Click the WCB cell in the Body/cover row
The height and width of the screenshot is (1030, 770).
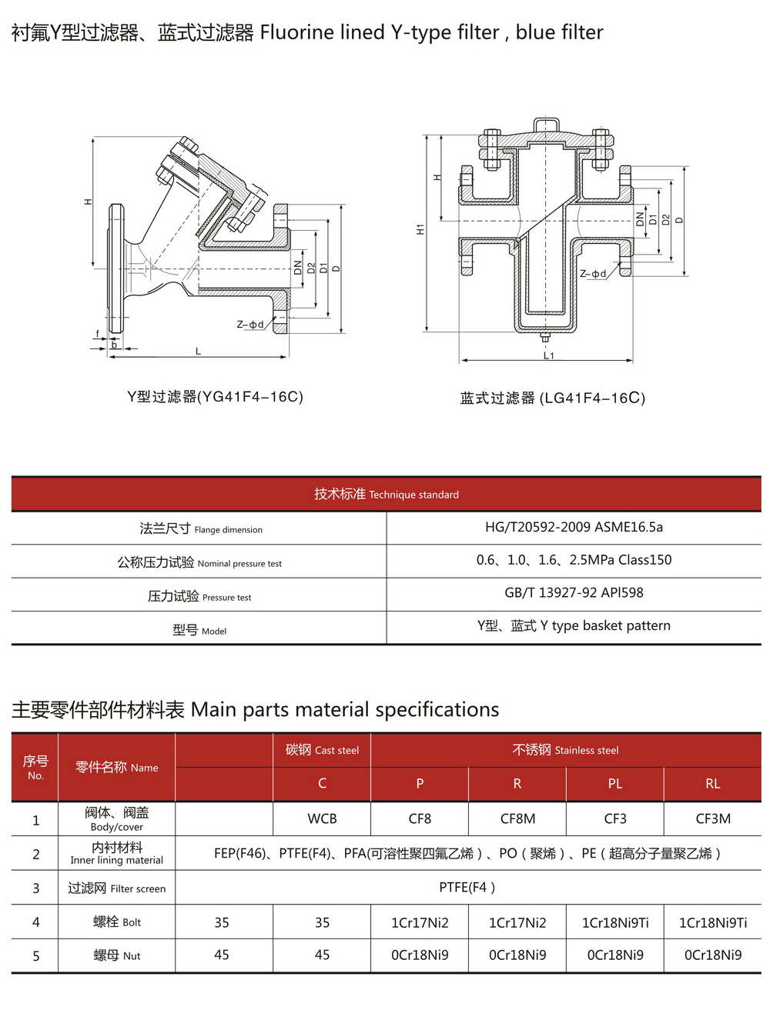(x=322, y=818)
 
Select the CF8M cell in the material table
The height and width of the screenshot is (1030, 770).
(x=517, y=818)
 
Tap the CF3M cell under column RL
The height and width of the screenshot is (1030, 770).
(x=712, y=818)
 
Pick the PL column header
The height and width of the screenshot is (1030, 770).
(x=614, y=783)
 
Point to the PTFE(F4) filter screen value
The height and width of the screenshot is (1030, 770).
(x=467, y=887)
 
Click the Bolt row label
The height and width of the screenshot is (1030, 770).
(x=116, y=922)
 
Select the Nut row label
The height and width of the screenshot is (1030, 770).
(x=116, y=955)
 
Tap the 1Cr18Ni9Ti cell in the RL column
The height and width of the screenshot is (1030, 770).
(x=712, y=922)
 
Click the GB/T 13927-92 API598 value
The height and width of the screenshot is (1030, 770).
(x=574, y=592)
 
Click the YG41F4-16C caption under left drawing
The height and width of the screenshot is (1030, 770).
(x=215, y=396)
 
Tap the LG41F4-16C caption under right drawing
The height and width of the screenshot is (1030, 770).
(x=552, y=398)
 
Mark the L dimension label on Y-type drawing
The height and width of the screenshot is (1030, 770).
(x=198, y=351)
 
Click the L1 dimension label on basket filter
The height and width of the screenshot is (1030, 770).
(x=548, y=355)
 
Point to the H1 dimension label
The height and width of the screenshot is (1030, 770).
(x=420, y=229)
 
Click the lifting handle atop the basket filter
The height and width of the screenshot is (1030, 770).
(x=546, y=124)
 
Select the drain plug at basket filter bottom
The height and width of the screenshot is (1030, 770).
(x=545, y=337)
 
